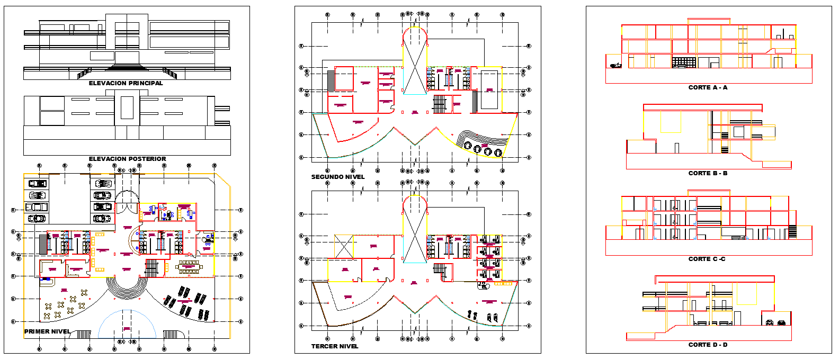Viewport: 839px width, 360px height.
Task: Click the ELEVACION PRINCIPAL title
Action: click(x=126, y=83)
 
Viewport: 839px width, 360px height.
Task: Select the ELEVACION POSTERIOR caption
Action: click(x=127, y=159)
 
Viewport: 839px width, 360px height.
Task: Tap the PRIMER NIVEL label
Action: click(x=47, y=331)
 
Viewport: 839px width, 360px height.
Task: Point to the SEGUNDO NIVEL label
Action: click(x=338, y=177)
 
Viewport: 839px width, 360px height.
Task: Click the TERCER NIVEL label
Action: click(x=335, y=346)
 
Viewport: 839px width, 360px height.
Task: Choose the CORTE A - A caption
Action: click(x=708, y=87)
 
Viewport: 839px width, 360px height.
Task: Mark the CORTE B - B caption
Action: click(x=708, y=173)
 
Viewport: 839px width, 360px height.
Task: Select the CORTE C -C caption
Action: click(x=707, y=259)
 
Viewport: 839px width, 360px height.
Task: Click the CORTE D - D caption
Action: click(x=708, y=345)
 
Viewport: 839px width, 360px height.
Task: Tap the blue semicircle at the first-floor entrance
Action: click(x=127, y=326)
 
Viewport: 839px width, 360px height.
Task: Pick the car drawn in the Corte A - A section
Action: click(x=615, y=65)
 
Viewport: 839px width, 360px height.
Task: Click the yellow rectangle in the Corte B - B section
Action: click(x=671, y=122)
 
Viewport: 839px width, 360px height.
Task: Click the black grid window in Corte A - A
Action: click(x=684, y=62)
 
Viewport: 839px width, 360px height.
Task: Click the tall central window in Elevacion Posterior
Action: click(x=127, y=107)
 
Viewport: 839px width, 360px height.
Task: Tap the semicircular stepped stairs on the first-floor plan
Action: click(x=127, y=289)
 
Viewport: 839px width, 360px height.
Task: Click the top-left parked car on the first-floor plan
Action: click(x=37, y=184)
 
